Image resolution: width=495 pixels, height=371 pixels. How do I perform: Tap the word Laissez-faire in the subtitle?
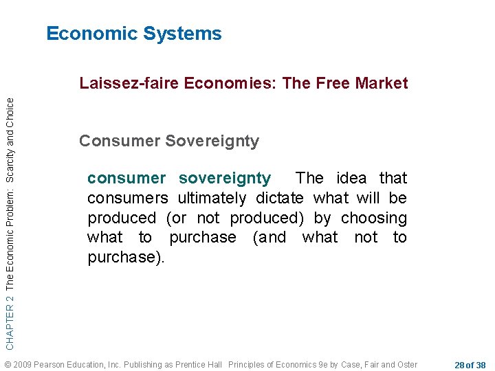(x=120, y=84)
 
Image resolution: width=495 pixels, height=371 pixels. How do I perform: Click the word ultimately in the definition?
(x=212, y=198)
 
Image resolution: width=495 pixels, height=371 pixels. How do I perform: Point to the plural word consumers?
(x=127, y=198)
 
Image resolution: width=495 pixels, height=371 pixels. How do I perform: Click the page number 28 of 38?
(x=470, y=364)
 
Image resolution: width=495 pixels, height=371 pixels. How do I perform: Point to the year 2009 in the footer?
(x=22, y=364)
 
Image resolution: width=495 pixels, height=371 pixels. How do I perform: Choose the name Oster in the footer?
(x=406, y=364)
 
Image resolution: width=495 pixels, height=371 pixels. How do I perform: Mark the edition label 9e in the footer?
(x=321, y=364)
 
